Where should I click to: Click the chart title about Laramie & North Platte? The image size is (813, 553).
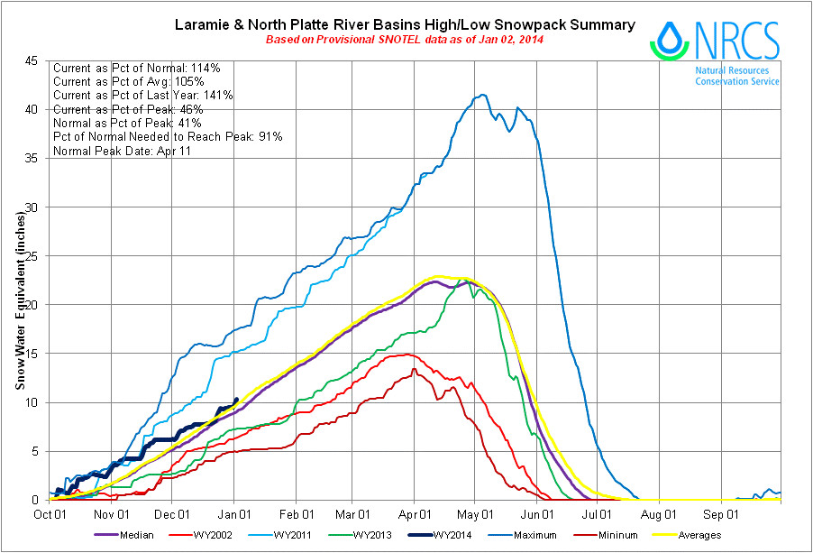click(x=404, y=24)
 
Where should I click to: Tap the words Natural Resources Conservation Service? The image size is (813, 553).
click(x=736, y=75)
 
